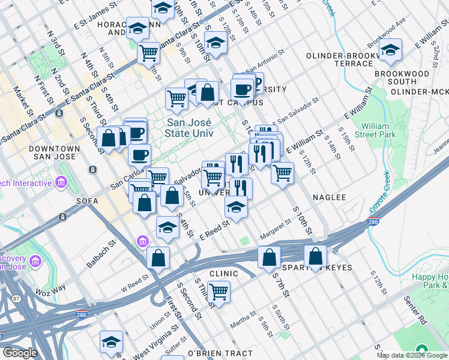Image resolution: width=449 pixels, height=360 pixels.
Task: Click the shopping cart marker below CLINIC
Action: click(x=219, y=292)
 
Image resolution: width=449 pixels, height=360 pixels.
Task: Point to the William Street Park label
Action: click(x=379, y=131)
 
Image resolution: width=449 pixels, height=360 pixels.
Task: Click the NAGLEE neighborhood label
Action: click(x=330, y=197)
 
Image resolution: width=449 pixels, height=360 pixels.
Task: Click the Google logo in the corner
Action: click(x=20, y=353)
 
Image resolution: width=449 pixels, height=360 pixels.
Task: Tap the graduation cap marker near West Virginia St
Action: click(x=111, y=341)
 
